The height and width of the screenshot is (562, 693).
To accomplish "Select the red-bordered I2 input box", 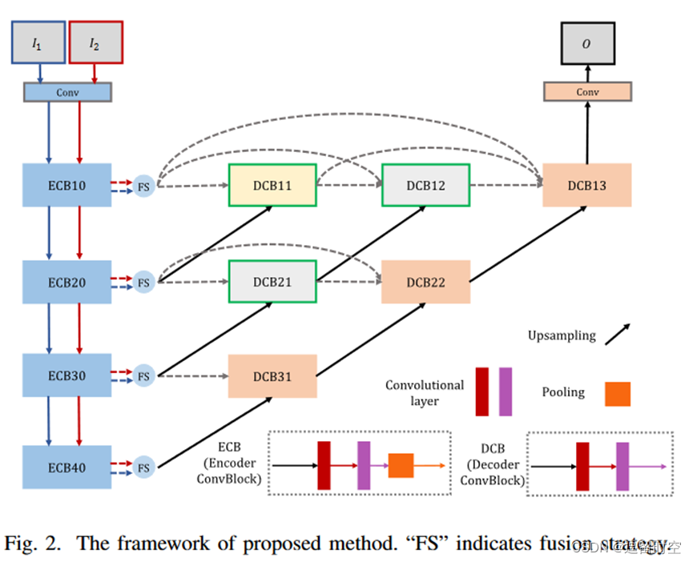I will (95, 42).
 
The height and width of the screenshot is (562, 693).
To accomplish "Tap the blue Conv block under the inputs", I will (67, 92).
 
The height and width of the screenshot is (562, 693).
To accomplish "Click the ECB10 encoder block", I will (66, 186).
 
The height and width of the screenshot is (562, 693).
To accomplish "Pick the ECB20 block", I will (66, 282).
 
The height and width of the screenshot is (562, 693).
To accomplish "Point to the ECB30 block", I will (66, 375).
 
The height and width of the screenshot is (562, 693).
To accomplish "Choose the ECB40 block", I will (66, 467).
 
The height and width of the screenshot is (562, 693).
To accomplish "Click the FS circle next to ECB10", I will (143, 186).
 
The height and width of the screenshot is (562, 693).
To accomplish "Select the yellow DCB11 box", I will (272, 186).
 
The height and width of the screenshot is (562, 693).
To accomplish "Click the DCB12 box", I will (425, 186).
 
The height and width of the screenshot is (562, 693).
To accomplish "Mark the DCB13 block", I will (586, 186).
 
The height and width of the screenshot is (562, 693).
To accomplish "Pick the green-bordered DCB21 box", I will (272, 282).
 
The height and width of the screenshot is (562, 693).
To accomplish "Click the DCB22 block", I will (425, 282).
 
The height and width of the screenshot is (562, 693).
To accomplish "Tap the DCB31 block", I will (272, 375).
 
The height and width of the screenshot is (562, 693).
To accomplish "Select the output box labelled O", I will (586, 42).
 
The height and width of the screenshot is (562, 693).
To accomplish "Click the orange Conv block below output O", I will (586, 92).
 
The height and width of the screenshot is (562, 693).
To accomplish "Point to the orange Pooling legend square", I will (617, 394).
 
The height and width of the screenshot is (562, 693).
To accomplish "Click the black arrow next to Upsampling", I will (617, 335).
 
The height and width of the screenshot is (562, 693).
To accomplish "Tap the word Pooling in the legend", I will (563, 392).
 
